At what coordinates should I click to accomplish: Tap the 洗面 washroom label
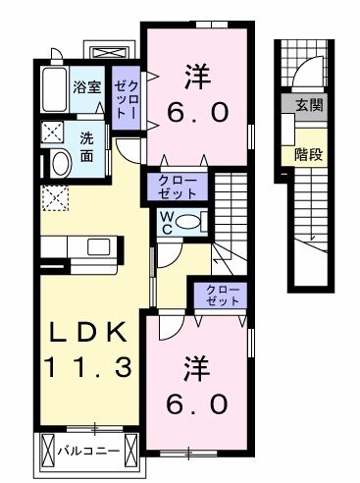87,146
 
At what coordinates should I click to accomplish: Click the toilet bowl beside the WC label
190,220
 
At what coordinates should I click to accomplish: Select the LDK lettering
85,334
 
